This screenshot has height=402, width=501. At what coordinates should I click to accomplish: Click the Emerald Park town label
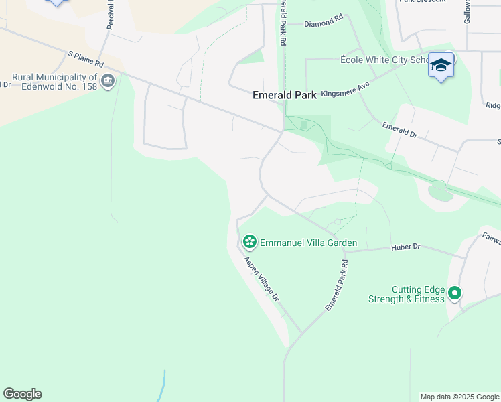pos(284,95)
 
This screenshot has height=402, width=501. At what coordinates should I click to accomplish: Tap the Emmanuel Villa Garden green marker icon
pos(250,241)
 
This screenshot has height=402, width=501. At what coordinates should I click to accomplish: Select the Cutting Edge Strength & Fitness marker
pos(455,293)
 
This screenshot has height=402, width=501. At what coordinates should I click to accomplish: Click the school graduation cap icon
pos(441,65)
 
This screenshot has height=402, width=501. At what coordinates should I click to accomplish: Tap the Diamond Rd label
pos(323,23)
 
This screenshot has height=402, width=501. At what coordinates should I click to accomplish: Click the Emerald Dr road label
pos(400,129)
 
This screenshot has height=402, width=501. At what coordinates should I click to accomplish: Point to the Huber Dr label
pos(405,247)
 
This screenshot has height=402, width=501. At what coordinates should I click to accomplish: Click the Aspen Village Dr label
pos(261,279)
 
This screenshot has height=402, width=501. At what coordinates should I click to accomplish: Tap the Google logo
pos(22,394)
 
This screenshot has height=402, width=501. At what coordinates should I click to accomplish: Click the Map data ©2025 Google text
pos(460,397)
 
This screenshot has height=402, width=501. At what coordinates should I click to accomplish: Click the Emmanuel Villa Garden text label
pos(308,243)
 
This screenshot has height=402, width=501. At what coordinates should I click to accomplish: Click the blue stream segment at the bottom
pos(162,387)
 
